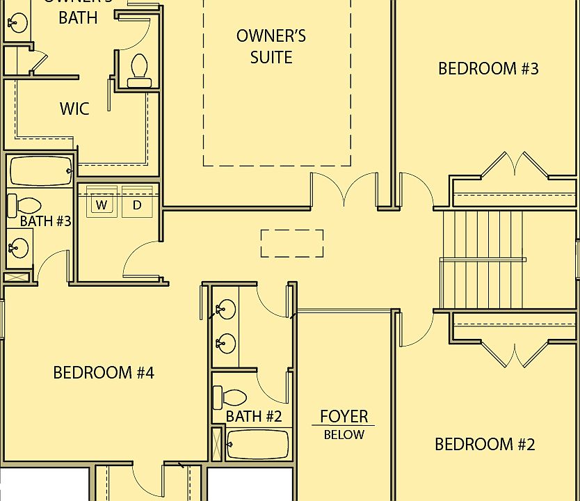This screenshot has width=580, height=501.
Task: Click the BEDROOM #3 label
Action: coord(488,68)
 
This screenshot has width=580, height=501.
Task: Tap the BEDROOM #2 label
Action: coord(485,444)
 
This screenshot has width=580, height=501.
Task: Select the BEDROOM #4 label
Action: coord(104,372)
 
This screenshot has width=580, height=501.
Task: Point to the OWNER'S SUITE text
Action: coord(271,46)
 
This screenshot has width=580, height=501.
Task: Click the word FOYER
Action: coord(344,417)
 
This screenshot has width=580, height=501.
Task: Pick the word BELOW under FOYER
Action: coord(344,435)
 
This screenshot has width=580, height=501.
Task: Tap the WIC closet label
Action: coord(74,109)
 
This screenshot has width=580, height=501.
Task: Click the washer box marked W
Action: coord(102,204)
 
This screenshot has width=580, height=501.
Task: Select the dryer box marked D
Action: coord(137,204)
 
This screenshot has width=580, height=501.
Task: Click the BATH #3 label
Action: coord(45,221)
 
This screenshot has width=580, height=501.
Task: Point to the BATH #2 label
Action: coord(254,417)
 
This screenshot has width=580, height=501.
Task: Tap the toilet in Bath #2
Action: coord(229,398)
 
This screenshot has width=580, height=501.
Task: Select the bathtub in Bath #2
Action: coord(257,445)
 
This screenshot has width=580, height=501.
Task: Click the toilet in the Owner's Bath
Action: coord(139,70)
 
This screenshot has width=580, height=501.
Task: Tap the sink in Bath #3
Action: coord(19,247)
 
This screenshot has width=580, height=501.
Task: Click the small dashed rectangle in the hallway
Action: coord(292,244)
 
